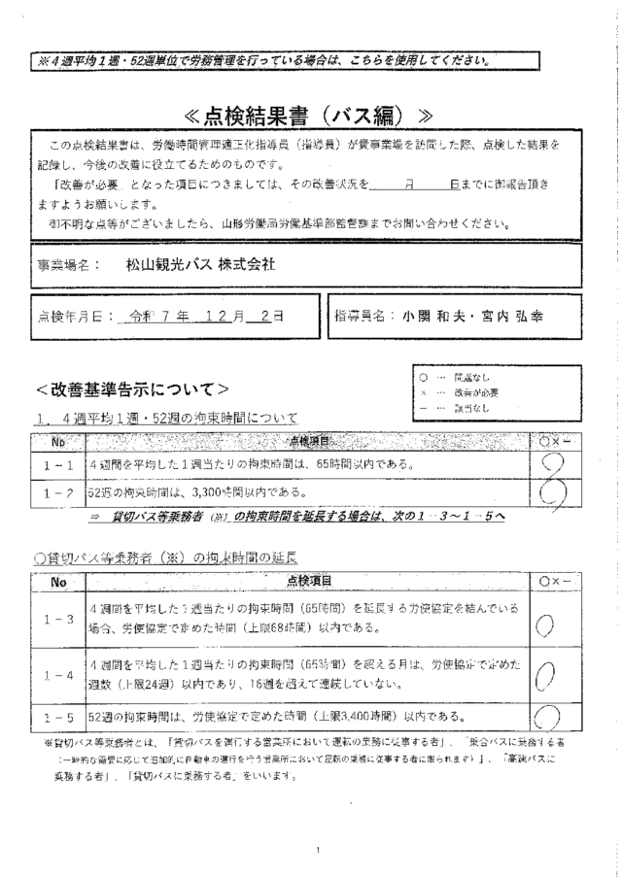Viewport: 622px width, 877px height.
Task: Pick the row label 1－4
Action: click(x=60, y=672)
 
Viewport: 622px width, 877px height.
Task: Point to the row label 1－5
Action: click(x=60, y=717)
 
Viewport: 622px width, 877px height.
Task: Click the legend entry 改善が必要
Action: click(x=475, y=391)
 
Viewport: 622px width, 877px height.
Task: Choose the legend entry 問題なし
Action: click(x=471, y=377)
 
